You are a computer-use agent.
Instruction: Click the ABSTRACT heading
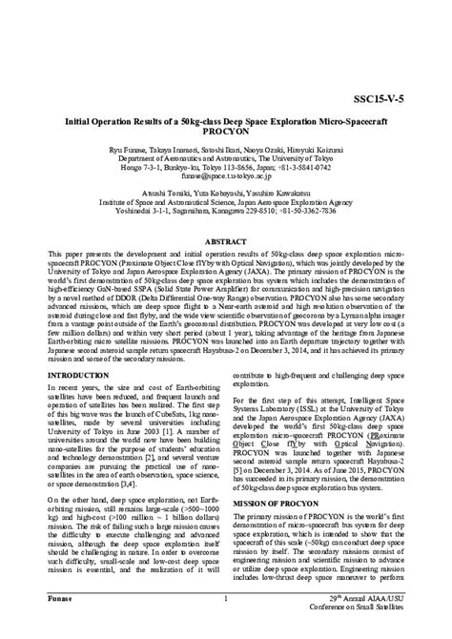[x=226, y=243]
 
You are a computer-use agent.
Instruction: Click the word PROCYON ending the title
[x=225, y=134]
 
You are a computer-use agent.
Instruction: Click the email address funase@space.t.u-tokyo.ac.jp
[x=226, y=175]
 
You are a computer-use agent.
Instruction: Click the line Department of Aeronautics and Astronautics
[x=226, y=158]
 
